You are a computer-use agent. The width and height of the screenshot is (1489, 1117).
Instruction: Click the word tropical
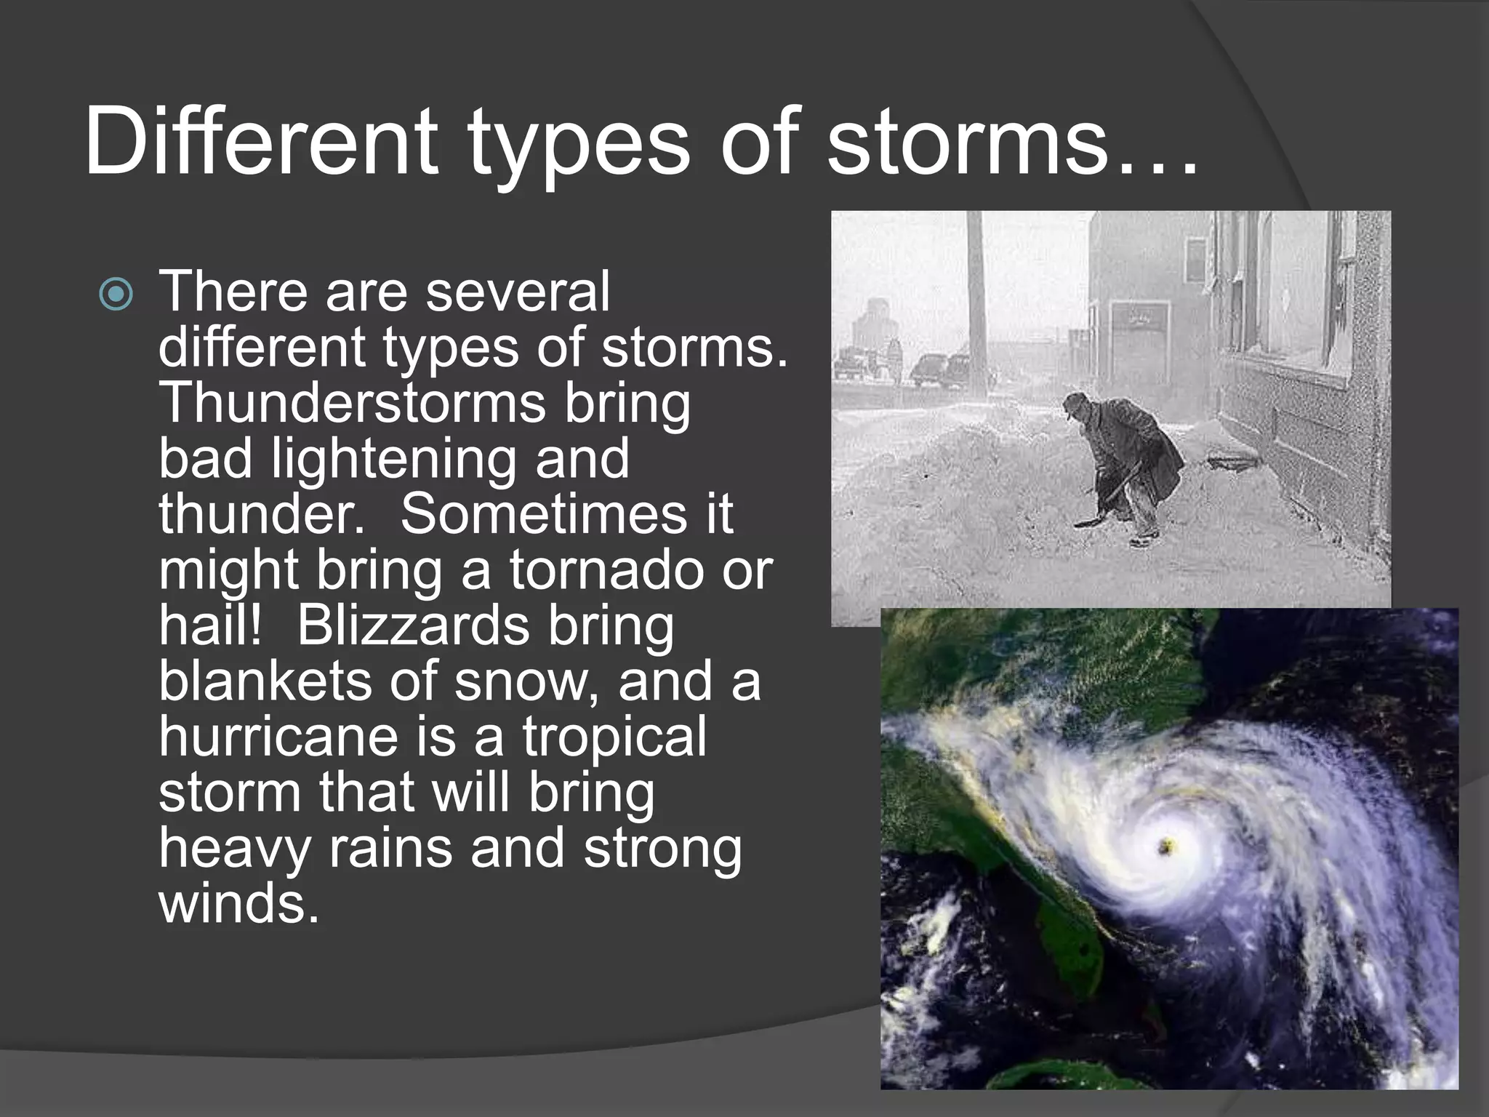pyautogui.click(x=614, y=737)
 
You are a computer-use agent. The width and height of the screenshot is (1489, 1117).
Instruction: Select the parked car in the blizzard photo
pyautogui.click(x=938, y=369)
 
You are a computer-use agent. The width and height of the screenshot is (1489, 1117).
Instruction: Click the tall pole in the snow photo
pyautogui.click(x=975, y=291)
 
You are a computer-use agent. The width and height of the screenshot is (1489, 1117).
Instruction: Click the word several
pyautogui.click(x=517, y=292)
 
